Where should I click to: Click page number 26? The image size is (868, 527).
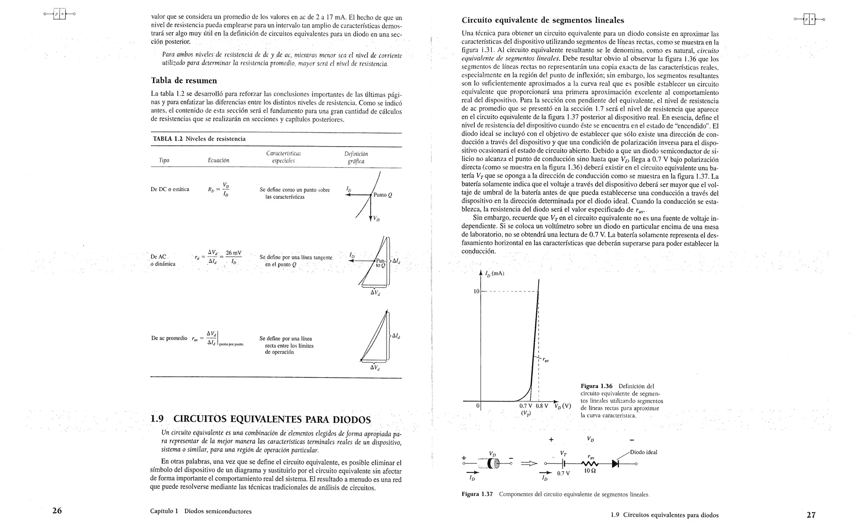point(57,510)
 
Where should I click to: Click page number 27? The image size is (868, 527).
point(811,515)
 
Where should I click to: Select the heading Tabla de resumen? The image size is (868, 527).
point(184,80)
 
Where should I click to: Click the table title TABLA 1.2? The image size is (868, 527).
point(168,139)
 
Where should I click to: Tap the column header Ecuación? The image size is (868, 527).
point(218,161)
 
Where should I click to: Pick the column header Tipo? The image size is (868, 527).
point(164,161)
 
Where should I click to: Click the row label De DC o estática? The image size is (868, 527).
point(170,189)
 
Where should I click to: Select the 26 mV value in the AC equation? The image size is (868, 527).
point(233,253)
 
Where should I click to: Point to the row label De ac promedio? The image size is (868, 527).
point(169,338)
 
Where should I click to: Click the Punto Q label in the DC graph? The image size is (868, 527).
point(383,195)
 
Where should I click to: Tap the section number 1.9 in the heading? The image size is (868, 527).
point(157,419)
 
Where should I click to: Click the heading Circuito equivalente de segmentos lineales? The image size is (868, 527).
point(542,20)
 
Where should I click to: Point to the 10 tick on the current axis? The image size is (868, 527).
point(476,291)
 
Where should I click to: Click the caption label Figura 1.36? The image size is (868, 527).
point(596,386)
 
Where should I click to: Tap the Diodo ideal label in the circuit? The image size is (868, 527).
point(643,452)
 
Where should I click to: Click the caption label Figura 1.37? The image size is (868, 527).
point(477,494)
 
